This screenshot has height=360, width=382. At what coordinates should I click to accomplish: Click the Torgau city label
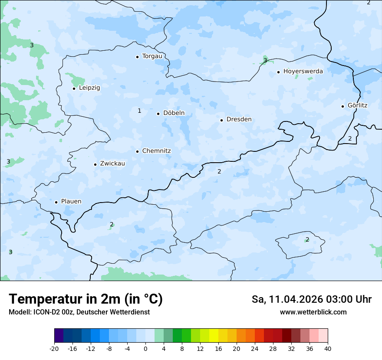coord(152,56)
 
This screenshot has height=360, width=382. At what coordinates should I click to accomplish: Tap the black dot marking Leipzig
coord(74,88)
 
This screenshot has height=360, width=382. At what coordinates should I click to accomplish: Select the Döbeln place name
coord(174,113)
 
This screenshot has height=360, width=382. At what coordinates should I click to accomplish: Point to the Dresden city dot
coord(222,120)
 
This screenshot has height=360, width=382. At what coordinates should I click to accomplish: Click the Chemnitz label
coord(156,151)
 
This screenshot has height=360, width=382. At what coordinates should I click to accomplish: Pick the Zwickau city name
coord(112,164)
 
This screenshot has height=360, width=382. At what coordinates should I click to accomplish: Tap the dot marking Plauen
coord(56,202)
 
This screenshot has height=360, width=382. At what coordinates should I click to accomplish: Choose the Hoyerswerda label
coord(303,71)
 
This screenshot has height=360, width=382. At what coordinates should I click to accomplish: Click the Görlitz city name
coord(358,105)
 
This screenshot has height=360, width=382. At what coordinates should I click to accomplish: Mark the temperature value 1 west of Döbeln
coord(139,111)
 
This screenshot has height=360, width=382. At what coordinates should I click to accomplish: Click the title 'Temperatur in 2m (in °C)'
coord(86,299)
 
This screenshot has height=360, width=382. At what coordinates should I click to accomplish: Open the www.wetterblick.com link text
coord(313,312)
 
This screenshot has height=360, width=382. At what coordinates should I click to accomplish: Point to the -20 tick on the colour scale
coord(54,349)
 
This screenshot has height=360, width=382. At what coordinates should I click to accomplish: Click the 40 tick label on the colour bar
coord(327,349)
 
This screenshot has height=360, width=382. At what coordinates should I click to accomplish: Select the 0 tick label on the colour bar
coord(145,349)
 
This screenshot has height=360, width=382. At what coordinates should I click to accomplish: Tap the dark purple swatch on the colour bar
coord(59,336)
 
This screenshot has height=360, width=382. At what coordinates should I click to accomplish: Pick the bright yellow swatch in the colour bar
coord(214,336)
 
